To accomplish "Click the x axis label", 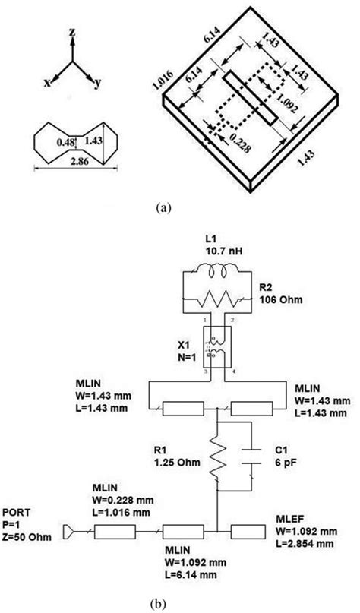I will pyautogui.click(x=48, y=84).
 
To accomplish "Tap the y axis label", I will pyautogui.click(x=97, y=84).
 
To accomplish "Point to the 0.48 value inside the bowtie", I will pyautogui.click(x=63, y=141).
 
